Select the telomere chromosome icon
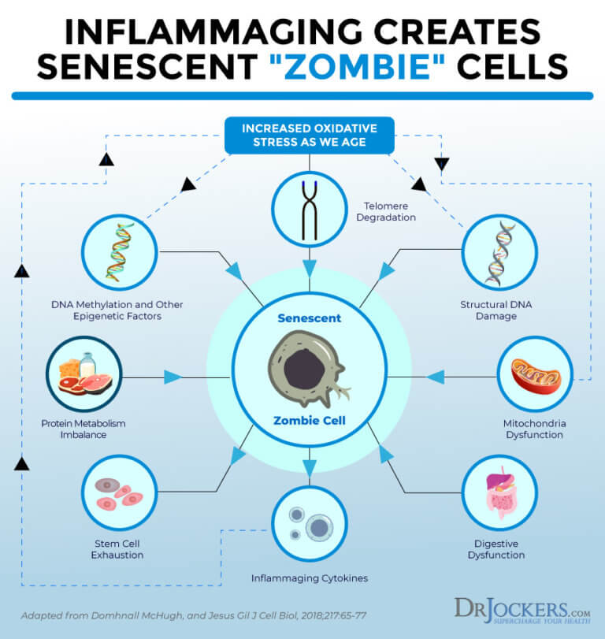tap(310, 208)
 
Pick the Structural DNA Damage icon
tap(499, 252)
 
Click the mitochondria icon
tap(534, 373)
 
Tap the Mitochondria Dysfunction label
tap(534, 429)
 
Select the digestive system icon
tap(499, 492)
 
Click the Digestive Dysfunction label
tap(499, 549)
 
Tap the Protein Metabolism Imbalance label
tap(83, 429)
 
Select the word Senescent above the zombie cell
tap(310, 318)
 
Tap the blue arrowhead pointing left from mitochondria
tap(436, 377)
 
